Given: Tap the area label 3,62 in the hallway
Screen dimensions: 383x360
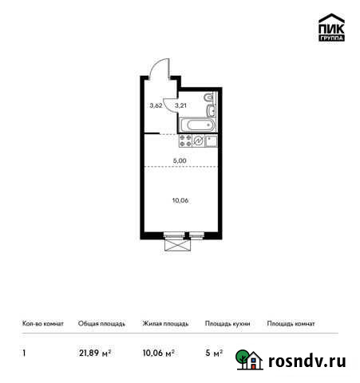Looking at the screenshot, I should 156,105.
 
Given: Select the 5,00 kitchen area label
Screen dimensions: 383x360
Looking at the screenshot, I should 181,160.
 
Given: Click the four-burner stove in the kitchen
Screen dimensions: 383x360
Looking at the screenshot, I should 183,140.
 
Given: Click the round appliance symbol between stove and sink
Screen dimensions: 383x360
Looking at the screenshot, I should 198,140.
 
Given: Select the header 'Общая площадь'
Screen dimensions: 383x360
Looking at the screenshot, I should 101,324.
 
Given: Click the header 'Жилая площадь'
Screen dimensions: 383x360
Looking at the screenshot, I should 165,324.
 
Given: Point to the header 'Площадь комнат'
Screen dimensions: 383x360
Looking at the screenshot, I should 291,324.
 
